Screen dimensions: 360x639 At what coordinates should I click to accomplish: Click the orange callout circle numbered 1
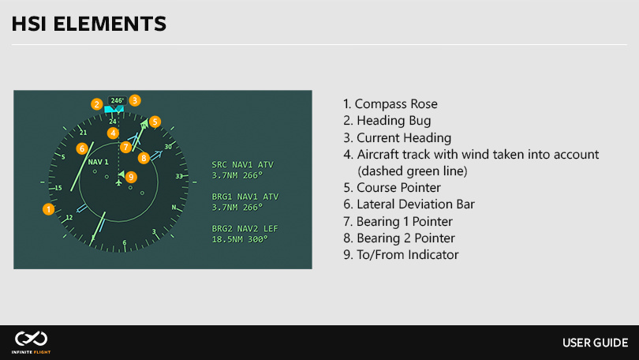pos(48,209)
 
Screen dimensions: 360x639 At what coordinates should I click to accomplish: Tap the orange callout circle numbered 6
pos(81,148)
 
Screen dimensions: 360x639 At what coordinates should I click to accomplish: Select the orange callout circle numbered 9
pos(131,176)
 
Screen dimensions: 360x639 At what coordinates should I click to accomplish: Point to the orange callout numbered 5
pos(155,122)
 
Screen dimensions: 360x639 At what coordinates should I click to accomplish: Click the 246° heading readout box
pos(117,100)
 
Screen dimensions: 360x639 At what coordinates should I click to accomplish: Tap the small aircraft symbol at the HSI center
pos(118,182)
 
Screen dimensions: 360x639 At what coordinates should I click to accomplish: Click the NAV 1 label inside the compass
pos(98,162)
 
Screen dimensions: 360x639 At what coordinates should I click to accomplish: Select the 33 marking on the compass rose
pos(179,176)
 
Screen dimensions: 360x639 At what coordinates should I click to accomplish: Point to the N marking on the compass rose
pos(174,207)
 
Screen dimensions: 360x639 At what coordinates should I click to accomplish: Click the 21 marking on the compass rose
pos(83,133)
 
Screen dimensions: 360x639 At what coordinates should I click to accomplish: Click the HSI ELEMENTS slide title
pos(89,24)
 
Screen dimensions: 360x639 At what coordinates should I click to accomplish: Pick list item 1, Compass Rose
pos(390,104)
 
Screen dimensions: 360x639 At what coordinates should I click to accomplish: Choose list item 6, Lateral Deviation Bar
pos(415,204)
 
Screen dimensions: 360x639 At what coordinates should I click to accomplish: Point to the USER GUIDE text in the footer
pos(595,343)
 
